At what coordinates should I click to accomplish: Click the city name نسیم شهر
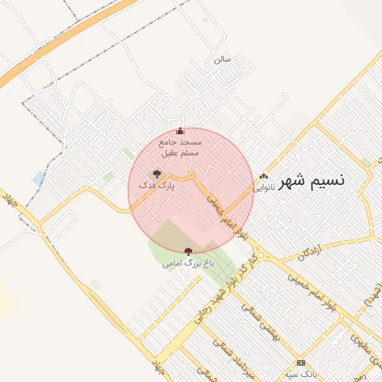click(312, 181)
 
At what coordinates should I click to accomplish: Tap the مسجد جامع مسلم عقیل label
click(180, 146)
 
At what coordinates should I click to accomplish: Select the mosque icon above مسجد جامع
click(180, 131)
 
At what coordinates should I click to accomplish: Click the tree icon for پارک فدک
click(157, 173)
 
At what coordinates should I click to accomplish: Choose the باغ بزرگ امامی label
click(188, 263)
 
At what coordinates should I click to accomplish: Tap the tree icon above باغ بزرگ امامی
click(187, 252)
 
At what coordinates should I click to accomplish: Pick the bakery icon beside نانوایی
click(263, 177)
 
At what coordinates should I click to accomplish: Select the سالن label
click(222, 58)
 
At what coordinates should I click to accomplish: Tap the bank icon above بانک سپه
click(301, 362)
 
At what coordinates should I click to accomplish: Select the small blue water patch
click(39, 178)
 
